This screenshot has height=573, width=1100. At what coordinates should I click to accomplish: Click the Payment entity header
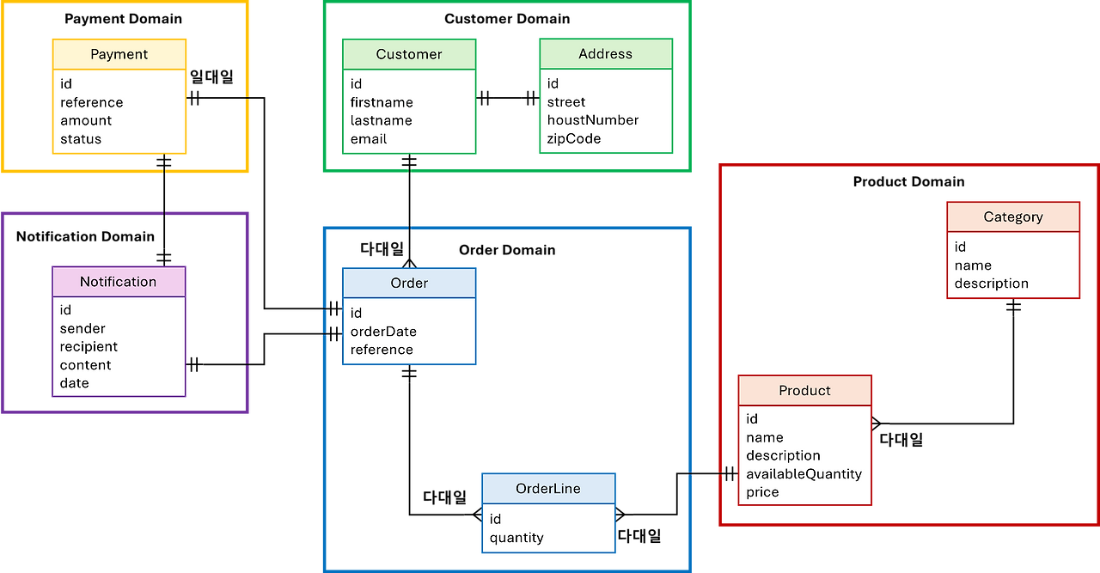119,54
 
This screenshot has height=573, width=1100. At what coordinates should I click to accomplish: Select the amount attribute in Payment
86,121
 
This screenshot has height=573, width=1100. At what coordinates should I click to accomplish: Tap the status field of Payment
81,139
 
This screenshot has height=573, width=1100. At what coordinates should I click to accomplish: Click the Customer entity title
409,54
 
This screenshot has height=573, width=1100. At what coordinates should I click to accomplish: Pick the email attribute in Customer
369,139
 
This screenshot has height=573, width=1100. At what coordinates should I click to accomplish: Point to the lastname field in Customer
381,121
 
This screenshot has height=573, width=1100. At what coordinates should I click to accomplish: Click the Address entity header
605,53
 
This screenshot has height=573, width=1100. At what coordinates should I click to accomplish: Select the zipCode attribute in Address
574,138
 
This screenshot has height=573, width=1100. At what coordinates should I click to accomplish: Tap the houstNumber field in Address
593,120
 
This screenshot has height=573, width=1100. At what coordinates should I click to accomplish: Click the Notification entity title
119,282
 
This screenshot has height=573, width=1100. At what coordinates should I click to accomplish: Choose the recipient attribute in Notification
89,347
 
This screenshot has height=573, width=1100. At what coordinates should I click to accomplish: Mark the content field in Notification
85,365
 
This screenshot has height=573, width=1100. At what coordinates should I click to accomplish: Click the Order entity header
409,283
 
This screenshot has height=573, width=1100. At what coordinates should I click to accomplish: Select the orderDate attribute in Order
383,332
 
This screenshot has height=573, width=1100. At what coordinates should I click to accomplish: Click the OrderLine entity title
548,489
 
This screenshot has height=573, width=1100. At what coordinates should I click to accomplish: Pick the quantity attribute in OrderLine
516,538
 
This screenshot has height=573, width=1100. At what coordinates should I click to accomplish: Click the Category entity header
1013,217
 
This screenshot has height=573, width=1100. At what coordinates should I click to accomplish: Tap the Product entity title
804,391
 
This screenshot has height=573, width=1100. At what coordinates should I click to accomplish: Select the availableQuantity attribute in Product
804,474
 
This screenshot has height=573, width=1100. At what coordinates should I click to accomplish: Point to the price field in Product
762,492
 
